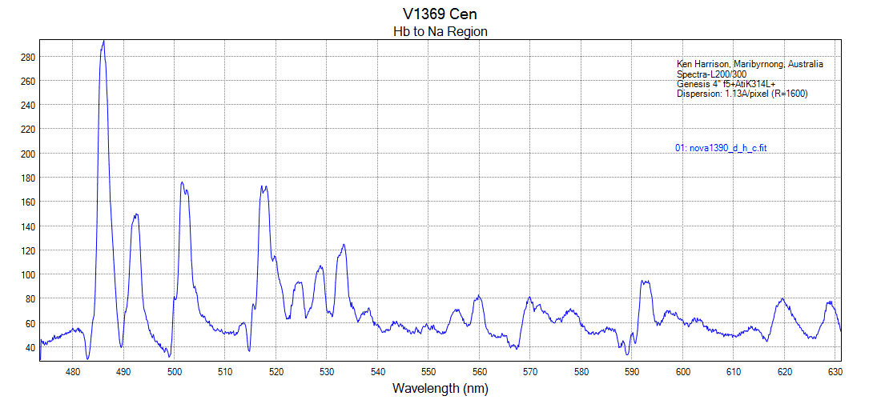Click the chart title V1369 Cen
coord(440,14)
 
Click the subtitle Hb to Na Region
coord(440,32)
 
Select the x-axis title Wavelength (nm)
coord(440,388)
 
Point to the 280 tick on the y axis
coord(27,57)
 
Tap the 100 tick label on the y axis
coord(27,274)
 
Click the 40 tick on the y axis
coord(30,347)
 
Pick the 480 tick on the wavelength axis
coord(73,371)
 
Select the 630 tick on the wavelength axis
coord(835,371)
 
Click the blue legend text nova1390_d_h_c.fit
coord(722,148)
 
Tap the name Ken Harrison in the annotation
coord(702,64)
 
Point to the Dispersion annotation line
coord(742,94)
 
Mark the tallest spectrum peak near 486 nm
coord(103,41)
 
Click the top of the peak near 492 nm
coord(136,214)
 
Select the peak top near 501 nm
coord(182,182)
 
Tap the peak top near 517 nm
coord(263,186)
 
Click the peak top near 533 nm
coord(344,245)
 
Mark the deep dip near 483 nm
coord(88,358)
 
